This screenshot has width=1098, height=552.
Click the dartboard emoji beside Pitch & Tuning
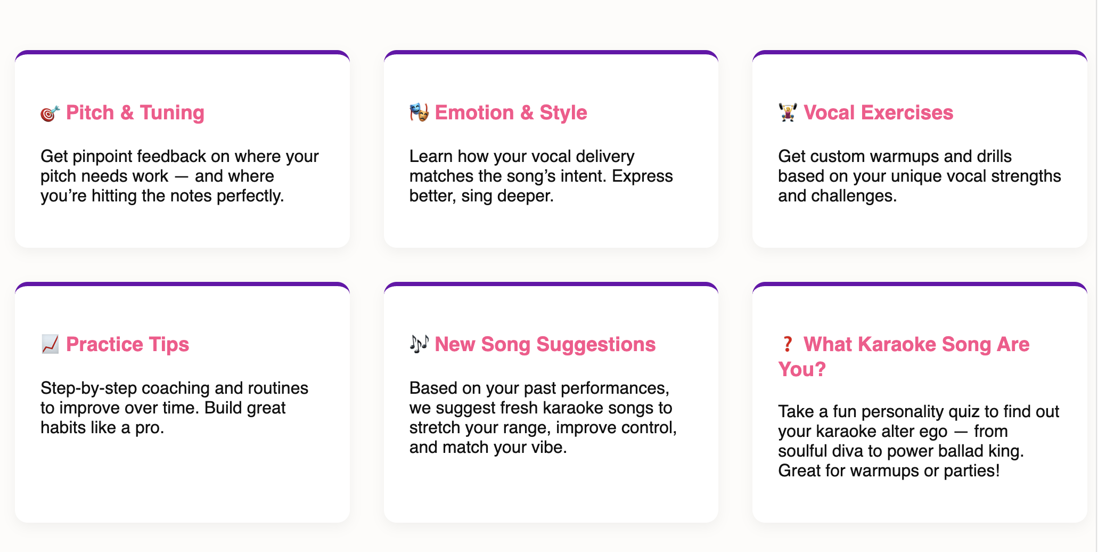pos(50,113)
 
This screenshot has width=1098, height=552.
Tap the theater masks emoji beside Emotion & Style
pos(419,112)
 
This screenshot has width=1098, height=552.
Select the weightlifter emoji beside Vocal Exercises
pos(788,112)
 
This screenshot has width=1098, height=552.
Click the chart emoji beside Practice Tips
pos(50,344)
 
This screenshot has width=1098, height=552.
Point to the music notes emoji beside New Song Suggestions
pos(419,344)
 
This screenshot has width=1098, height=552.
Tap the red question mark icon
pos(787,344)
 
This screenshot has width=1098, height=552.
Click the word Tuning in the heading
pos(172,113)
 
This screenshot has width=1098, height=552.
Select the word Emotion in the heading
pos(474,112)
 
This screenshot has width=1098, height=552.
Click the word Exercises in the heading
pos(907,112)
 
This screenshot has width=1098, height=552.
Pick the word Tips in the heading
pos(169,345)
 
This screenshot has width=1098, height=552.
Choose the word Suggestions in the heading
pos(596,345)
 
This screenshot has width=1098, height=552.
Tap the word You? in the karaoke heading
pos(801,369)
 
